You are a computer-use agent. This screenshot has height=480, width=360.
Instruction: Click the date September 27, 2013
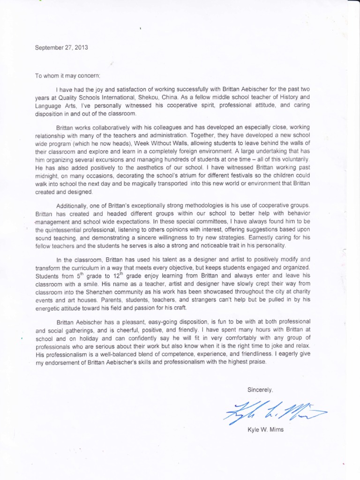[61, 47]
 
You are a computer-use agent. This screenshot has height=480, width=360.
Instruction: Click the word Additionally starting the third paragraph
[72, 206]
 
